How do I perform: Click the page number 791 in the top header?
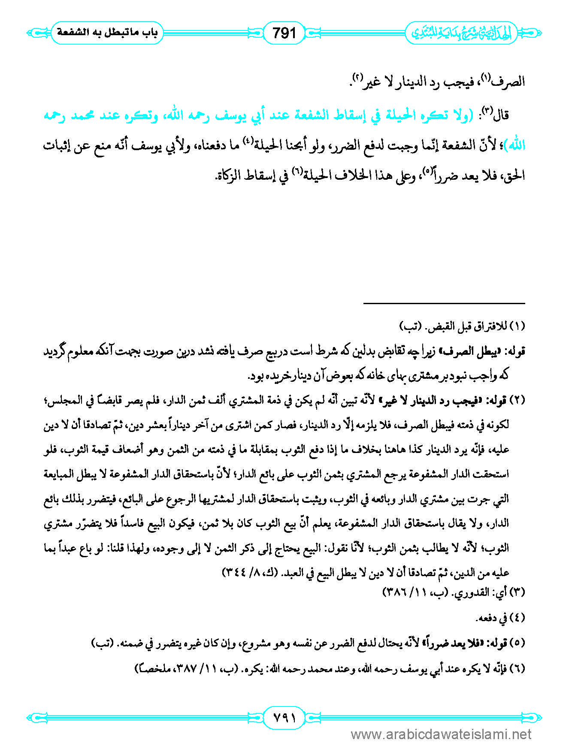click(284, 33)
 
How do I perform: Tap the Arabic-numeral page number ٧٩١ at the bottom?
click(284, 717)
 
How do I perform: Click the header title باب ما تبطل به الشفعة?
click(107, 33)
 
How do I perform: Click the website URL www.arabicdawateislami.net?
click(441, 734)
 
